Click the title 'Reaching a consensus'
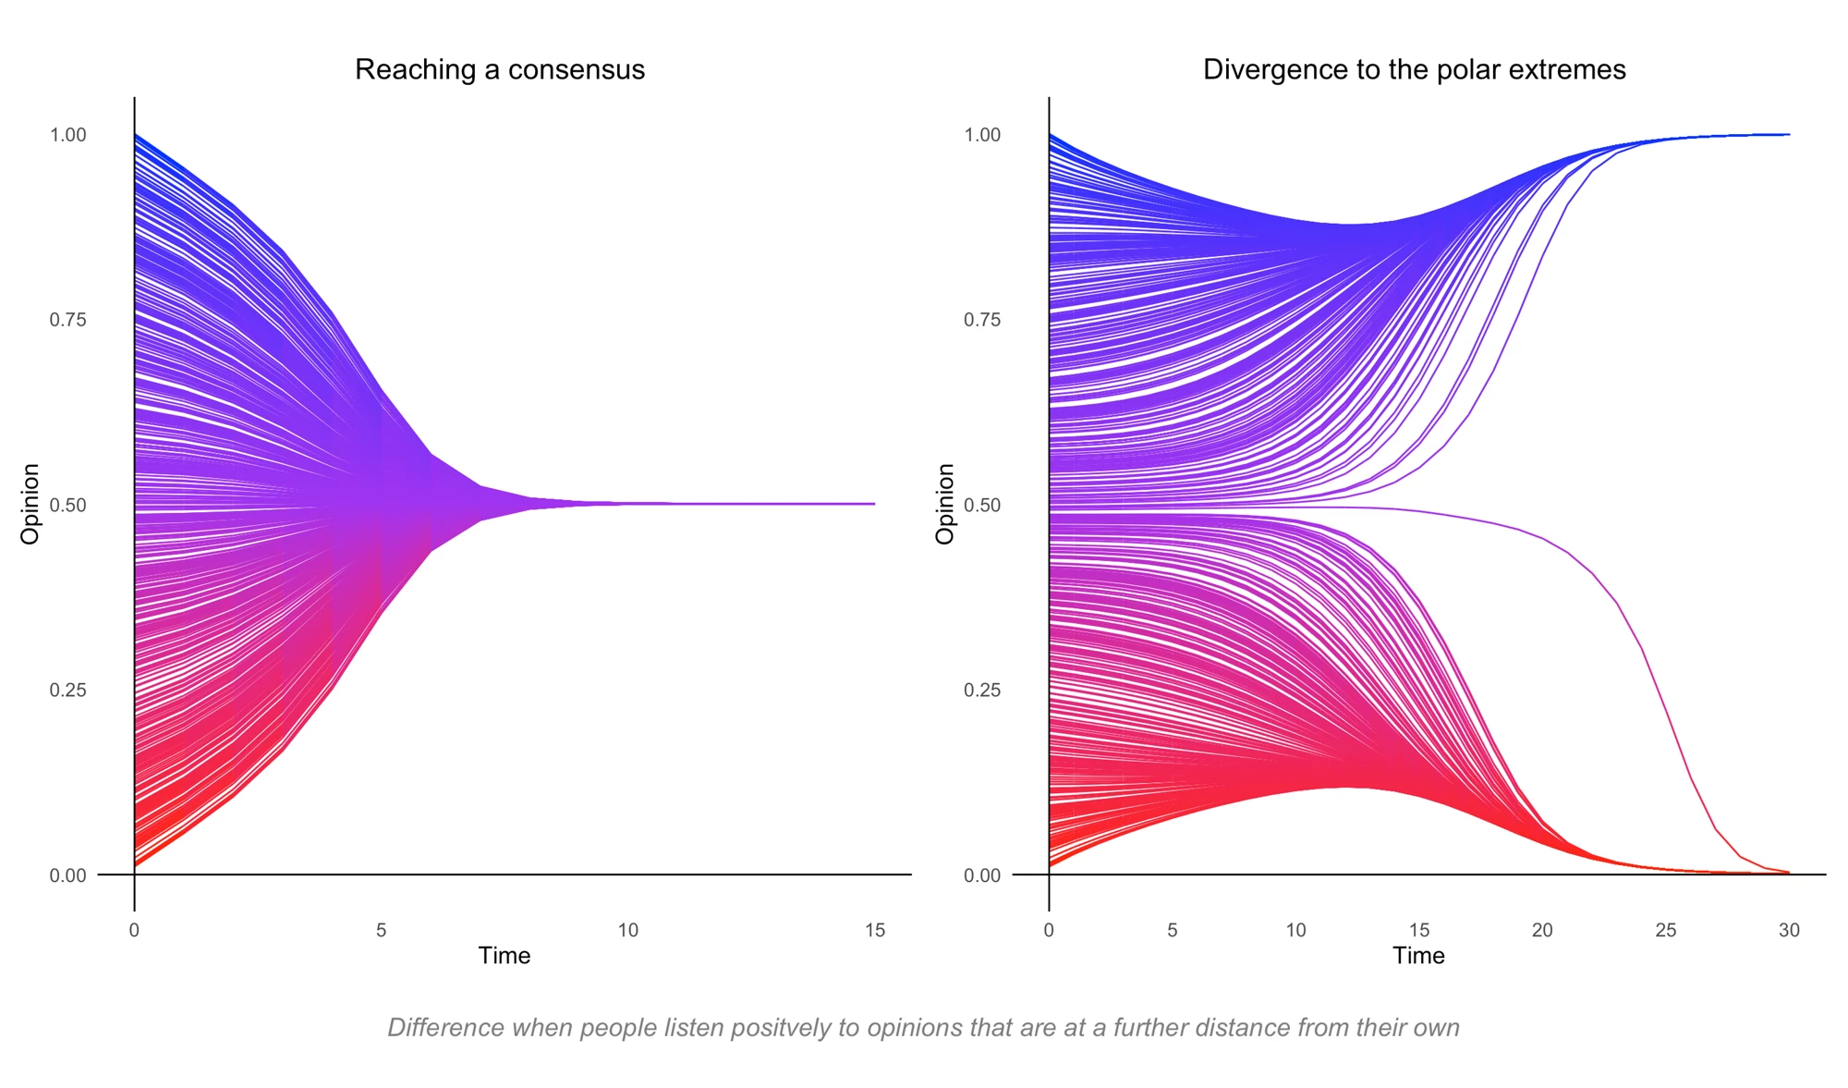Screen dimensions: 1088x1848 point(500,70)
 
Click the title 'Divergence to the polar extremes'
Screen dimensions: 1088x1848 point(1414,70)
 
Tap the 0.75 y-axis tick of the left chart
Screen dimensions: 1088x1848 point(67,320)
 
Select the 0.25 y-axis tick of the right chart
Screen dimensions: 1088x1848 point(982,691)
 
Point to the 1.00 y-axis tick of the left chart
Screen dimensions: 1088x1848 point(67,135)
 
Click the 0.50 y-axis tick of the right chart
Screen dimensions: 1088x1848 point(982,506)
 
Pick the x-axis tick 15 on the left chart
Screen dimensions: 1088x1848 point(875,931)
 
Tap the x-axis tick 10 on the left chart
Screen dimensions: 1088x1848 point(628,931)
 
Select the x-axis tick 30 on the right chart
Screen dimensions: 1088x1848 point(1789,931)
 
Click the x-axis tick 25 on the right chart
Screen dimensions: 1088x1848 point(1666,931)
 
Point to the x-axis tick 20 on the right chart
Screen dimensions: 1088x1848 point(1542,931)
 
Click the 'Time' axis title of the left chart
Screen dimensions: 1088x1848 point(505,956)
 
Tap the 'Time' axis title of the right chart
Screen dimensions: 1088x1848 point(1418,956)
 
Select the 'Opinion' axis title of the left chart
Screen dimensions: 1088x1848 point(30,504)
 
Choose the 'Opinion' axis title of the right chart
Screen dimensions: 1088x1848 point(944,504)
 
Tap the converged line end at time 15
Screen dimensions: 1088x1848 point(873,504)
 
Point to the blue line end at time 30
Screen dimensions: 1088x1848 point(1788,135)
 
